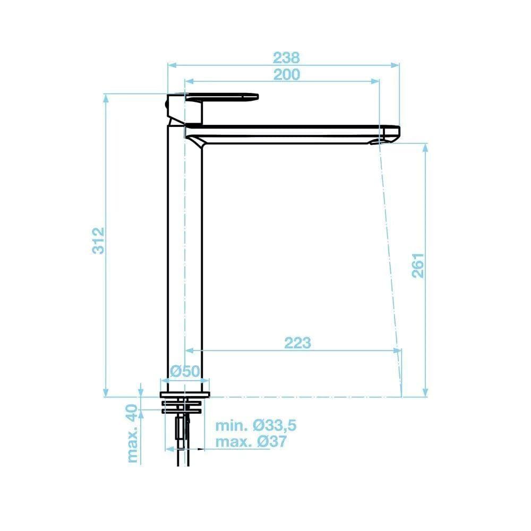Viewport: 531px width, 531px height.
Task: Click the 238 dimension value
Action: point(287,56)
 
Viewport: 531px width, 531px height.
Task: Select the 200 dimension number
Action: point(287,74)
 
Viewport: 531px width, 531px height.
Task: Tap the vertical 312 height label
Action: point(99,240)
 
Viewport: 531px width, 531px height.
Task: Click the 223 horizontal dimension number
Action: point(297,343)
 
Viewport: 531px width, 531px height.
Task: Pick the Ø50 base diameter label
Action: point(184,372)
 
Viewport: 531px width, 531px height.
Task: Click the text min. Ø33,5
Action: point(255,425)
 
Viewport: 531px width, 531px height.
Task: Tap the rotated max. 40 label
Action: point(132,433)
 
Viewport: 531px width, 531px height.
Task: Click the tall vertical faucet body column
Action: point(185,255)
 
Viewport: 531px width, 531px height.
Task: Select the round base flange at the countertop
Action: point(185,395)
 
